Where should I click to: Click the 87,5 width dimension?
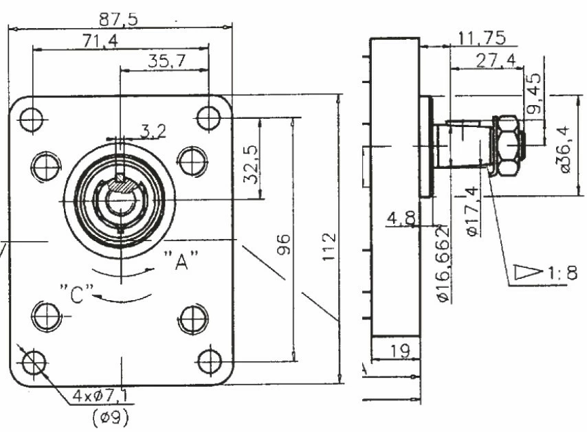[118, 19]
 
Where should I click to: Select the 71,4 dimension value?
[100, 41]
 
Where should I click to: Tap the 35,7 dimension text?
[166, 61]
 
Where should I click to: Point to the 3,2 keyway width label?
[153, 131]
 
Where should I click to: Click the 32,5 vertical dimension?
[251, 164]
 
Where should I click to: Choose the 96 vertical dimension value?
[284, 245]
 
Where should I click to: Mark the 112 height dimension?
[329, 247]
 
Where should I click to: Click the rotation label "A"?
[181, 260]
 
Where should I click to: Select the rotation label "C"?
[77, 294]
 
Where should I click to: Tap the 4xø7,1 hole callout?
[100, 396]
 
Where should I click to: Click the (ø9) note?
[111, 417]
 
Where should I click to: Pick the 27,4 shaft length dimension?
[496, 60]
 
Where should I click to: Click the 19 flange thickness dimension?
[400, 351]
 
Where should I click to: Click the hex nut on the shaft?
[509, 146]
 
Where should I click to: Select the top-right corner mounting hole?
[209, 118]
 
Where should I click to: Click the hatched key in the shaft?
[120, 186]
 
